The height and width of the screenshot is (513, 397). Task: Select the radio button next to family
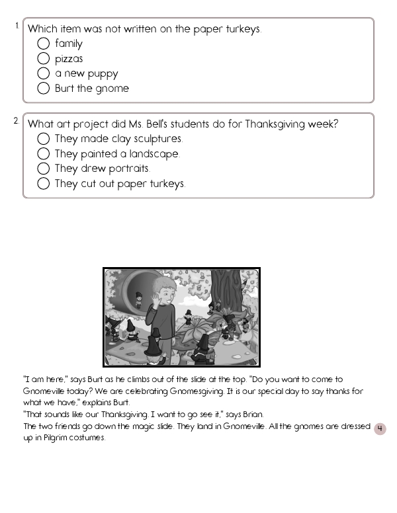[x=44, y=44]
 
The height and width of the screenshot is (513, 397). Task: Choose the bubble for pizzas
[x=44, y=59]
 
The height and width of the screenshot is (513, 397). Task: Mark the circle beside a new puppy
[x=44, y=73]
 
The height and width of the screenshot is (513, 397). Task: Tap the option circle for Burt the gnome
[x=44, y=89]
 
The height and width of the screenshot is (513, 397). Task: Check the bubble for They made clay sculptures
[x=44, y=139]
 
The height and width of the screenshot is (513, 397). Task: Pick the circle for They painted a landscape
[x=44, y=154]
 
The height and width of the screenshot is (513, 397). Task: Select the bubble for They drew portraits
[x=44, y=169]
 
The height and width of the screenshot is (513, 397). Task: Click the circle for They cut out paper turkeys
[x=44, y=184]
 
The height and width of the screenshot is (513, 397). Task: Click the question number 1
[x=17, y=25]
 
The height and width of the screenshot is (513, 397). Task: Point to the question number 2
[x=17, y=120]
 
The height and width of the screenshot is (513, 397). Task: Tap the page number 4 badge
[x=380, y=429]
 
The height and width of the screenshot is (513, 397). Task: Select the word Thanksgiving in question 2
[x=275, y=124]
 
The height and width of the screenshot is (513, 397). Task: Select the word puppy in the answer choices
[x=103, y=74]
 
